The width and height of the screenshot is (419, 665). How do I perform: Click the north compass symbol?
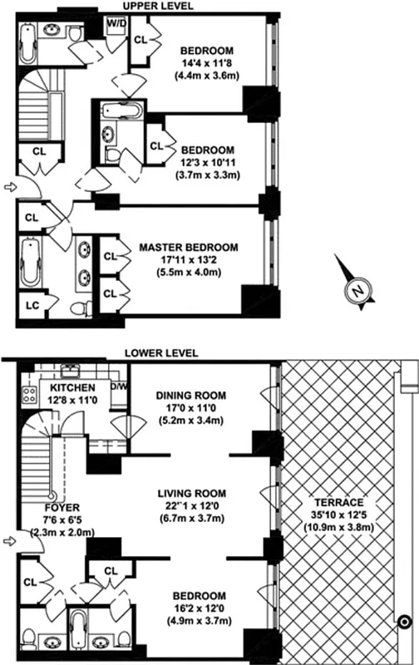tap(355, 290)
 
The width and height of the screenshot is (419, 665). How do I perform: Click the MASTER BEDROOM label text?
tap(189, 248)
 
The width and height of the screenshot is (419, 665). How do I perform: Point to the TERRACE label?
tap(343, 503)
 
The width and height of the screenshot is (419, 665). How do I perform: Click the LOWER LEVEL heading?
tap(161, 352)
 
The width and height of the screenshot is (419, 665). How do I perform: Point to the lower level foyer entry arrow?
tap(8, 542)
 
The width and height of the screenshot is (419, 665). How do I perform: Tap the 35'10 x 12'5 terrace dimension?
tap(343, 515)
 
